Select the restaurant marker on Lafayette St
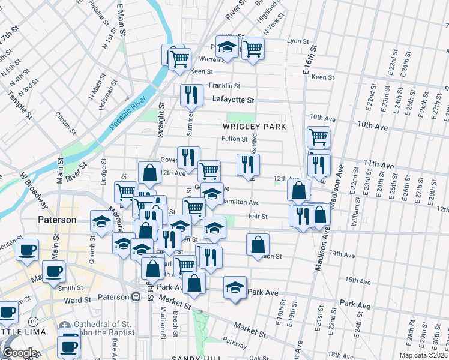click(190, 94)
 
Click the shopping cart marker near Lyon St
click(253, 49)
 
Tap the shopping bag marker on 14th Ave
click(258, 245)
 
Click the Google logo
click(20, 353)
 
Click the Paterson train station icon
click(136, 297)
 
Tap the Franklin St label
click(224, 86)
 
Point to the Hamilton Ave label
click(240, 203)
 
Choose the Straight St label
click(161, 121)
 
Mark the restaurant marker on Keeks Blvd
click(246, 164)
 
